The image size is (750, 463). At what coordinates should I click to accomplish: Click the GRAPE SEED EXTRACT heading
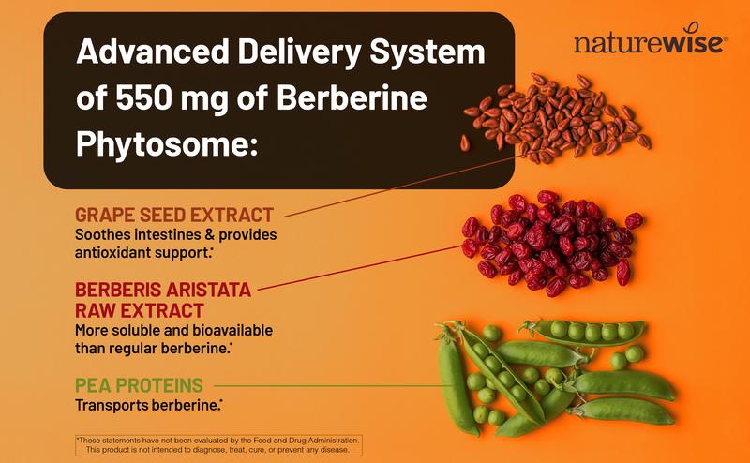(x=173, y=214)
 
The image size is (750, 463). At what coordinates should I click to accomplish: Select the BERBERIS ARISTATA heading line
(x=163, y=289)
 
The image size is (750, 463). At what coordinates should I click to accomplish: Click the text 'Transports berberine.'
(x=149, y=406)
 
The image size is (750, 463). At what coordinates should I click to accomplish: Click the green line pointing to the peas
(x=328, y=385)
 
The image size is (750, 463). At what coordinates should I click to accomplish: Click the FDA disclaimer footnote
(x=217, y=444)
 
